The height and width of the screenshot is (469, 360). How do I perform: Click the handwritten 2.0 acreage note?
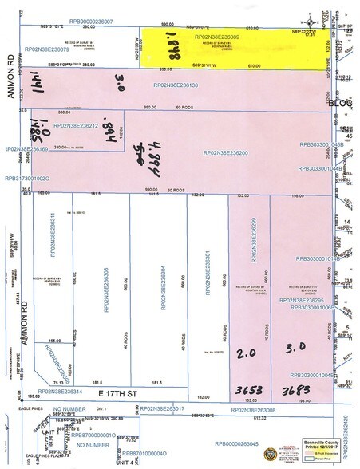[247, 351]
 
